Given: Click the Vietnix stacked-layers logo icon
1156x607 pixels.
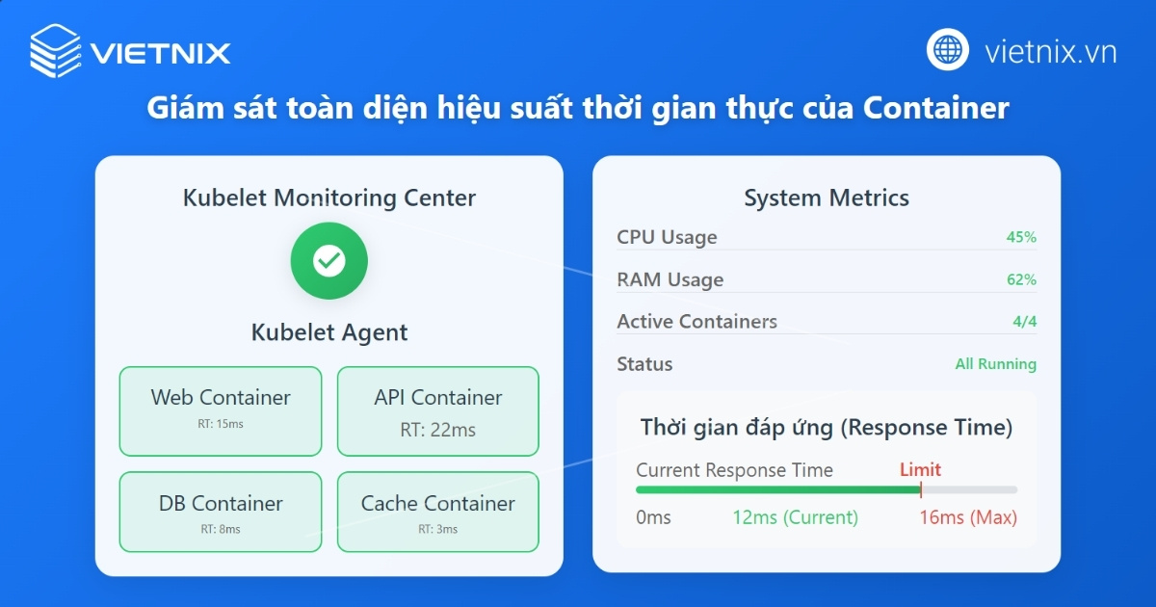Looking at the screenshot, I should [x=55, y=51].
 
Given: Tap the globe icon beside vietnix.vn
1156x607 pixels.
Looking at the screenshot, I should [x=948, y=50].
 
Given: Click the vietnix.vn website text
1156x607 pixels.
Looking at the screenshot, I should [x=1050, y=51].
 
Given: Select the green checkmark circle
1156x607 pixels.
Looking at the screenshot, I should [x=329, y=260].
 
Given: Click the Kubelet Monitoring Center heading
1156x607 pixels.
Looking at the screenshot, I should [x=329, y=198].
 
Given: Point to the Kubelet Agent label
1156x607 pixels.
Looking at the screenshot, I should [x=329, y=332].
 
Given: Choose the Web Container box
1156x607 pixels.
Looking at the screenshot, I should [x=221, y=410].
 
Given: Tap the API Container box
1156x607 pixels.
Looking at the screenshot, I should [x=438, y=410].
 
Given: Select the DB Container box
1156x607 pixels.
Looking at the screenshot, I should [x=221, y=512].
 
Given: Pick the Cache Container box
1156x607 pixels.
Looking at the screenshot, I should [x=438, y=512].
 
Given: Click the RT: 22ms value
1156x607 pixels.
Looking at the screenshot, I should [x=438, y=431].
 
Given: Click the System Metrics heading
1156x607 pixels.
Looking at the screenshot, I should [x=827, y=198].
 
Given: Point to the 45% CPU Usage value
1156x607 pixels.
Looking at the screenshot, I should [x=1021, y=237].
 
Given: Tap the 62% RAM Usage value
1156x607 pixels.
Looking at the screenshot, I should [x=1021, y=279].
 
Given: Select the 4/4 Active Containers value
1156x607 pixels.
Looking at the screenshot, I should [x=1024, y=322].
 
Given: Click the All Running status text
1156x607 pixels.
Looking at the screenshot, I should [x=995, y=364].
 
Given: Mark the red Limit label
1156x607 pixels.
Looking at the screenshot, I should [x=920, y=470].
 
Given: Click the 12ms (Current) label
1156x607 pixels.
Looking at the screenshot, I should [x=795, y=517].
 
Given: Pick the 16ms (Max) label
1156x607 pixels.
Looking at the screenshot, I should [x=968, y=517].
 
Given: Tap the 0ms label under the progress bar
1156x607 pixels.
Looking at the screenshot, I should [x=653, y=517].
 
